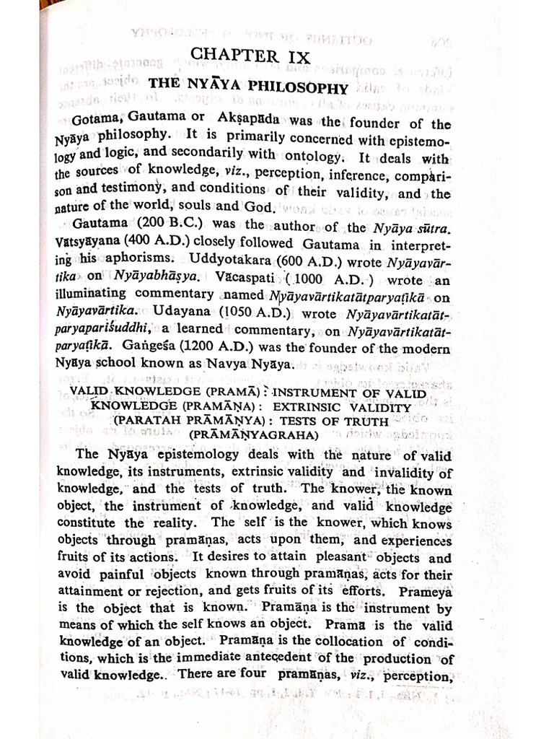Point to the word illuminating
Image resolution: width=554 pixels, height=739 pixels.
(96, 295)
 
